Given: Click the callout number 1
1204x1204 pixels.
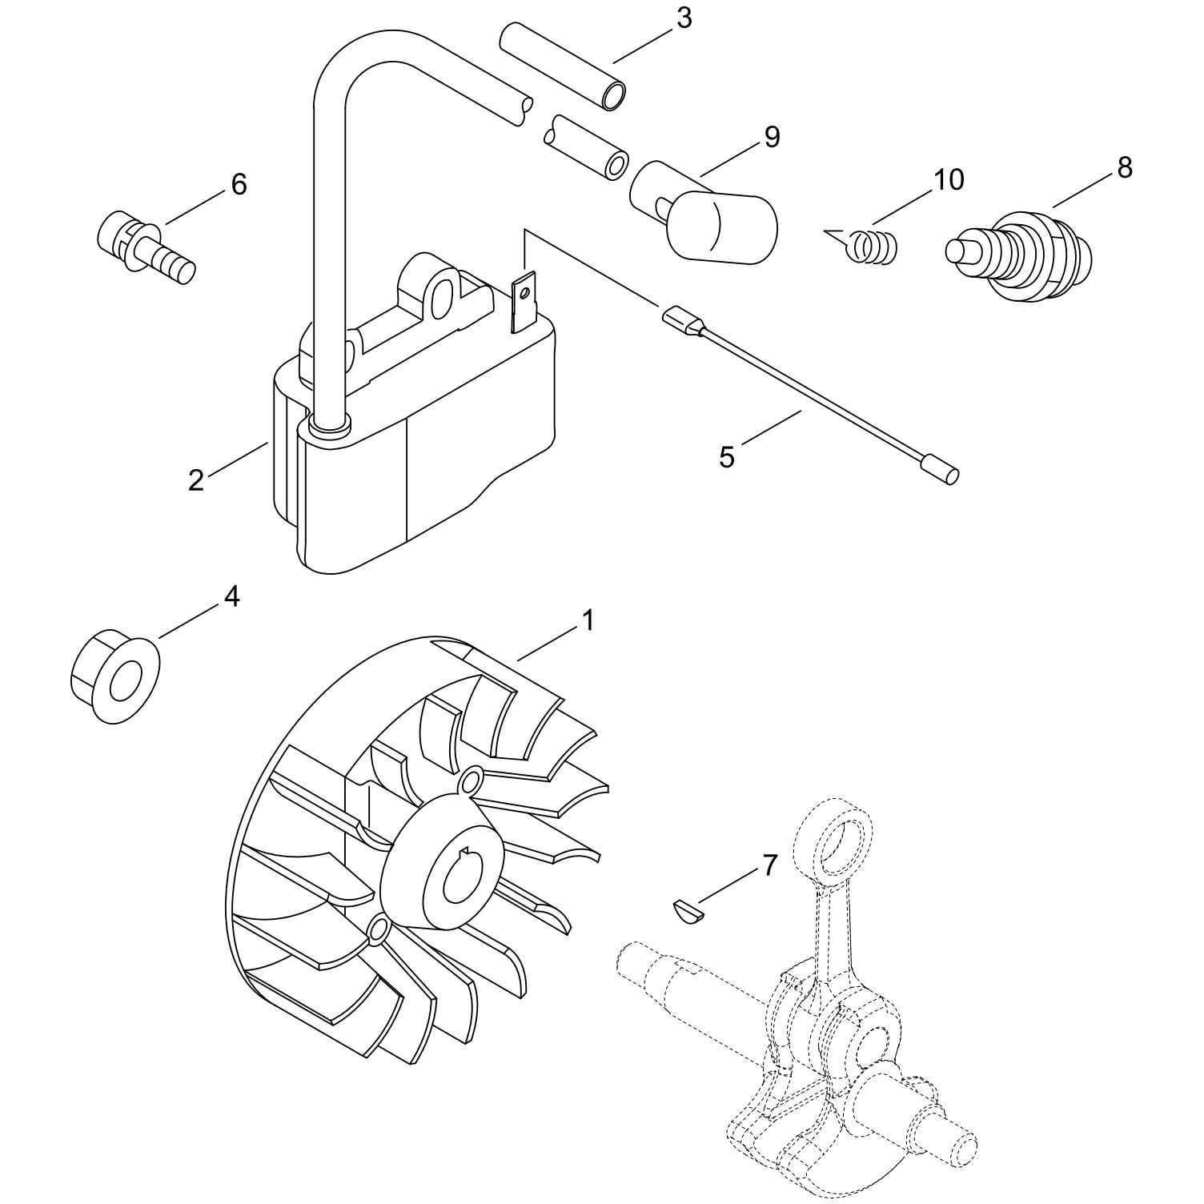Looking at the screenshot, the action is [588, 620].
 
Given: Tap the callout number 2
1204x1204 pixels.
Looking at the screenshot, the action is [196, 481].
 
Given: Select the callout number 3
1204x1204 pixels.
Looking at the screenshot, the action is [683, 18].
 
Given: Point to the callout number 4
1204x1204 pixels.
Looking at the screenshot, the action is [231, 596].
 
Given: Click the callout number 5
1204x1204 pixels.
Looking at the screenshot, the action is [726, 457].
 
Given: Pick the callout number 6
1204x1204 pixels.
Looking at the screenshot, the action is [239, 184].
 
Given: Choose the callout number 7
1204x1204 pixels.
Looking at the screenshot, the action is [769, 865].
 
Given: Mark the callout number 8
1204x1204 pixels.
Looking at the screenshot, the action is [1125, 167].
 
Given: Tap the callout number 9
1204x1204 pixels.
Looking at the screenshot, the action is [771, 137].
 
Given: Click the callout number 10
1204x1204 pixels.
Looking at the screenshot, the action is [948, 180].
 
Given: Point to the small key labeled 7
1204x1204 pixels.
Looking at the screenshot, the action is [688, 910].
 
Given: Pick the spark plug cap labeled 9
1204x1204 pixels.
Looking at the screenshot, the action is [704, 209].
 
